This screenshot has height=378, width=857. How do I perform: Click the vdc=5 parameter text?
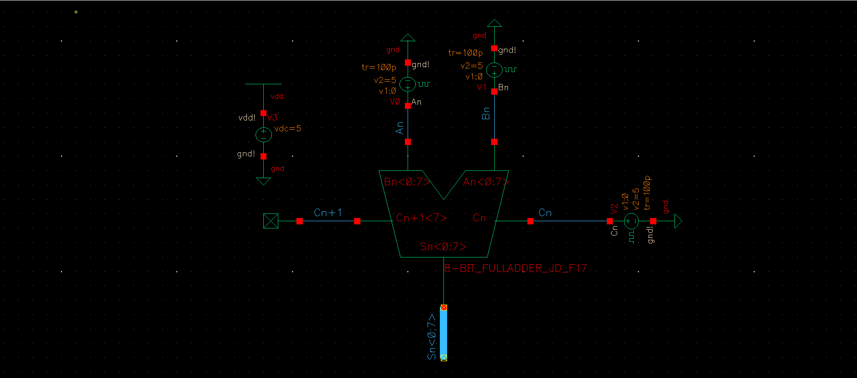click(x=288, y=129)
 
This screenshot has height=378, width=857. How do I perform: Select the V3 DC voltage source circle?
click(x=263, y=135)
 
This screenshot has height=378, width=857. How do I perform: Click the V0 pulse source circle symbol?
click(x=408, y=84)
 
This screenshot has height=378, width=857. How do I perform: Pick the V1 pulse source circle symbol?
click(x=494, y=70)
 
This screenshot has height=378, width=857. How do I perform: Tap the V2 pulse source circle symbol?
click(x=631, y=221)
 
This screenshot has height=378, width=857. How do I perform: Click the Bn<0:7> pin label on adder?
click(x=406, y=182)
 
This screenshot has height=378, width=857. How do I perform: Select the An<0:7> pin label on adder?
click(x=485, y=182)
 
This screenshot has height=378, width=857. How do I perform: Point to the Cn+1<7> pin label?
click(x=421, y=218)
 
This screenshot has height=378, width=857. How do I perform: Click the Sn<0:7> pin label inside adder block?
click(x=443, y=247)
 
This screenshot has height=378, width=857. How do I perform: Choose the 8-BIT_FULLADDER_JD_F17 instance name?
click(x=515, y=268)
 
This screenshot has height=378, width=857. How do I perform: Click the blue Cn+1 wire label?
click(x=328, y=213)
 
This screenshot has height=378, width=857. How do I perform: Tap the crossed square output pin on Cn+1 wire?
click(x=271, y=221)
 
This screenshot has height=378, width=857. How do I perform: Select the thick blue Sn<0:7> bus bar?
click(x=443, y=333)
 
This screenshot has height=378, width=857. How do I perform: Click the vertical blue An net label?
click(x=399, y=128)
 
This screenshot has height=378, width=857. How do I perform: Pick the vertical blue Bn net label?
click(x=486, y=113)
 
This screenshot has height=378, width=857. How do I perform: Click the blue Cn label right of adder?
click(x=545, y=213)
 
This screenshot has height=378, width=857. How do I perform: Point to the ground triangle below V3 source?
click(x=263, y=181)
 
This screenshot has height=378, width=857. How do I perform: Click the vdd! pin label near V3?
click(x=247, y=118)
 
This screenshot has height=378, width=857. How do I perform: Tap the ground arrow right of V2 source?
click(x=678, y=221)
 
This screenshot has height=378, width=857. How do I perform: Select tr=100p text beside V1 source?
click(x=465, y=53)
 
